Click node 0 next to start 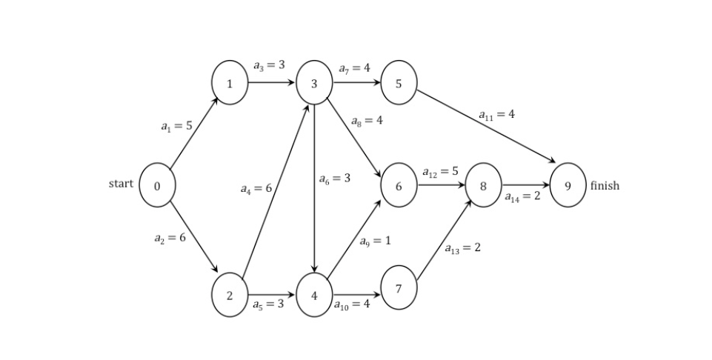(157, 185)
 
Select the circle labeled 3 (314, 83)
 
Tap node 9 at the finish (568, 185)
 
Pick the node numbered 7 (399, 287)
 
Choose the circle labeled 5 (399, 83)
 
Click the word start (122, 184)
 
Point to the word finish (605, 185)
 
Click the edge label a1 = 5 (176, 126)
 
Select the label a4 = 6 (256, 189)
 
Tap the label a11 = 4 (496, 115)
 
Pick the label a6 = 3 (335, 179)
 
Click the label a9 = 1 (376, 241)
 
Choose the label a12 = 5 (440, 172)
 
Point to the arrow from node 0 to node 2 (195, 236)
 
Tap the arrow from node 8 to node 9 (526, 185)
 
